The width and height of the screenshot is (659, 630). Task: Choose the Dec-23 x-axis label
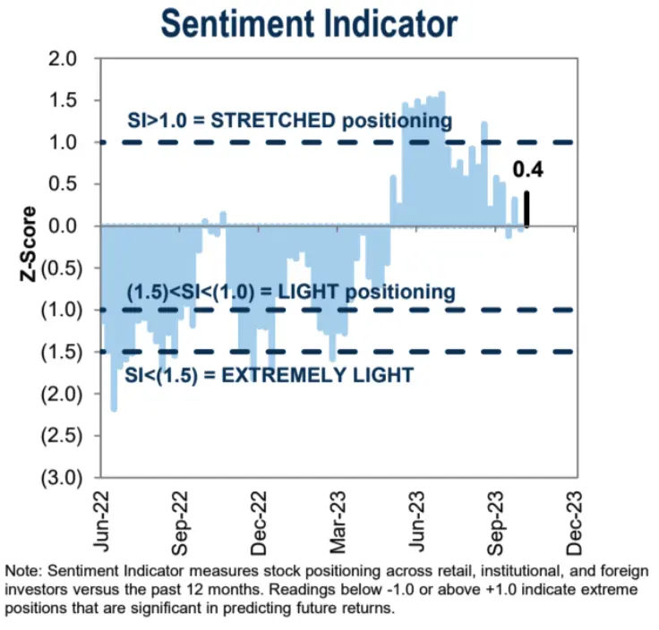[569, 517]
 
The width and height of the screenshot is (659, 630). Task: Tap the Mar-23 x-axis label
[334, 517]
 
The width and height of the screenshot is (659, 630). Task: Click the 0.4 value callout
[527, 170]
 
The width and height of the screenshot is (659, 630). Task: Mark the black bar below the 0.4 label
[527, 209]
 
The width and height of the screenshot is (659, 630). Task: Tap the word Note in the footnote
[22, 571]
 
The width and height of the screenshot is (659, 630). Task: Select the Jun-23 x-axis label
[412, 517]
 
